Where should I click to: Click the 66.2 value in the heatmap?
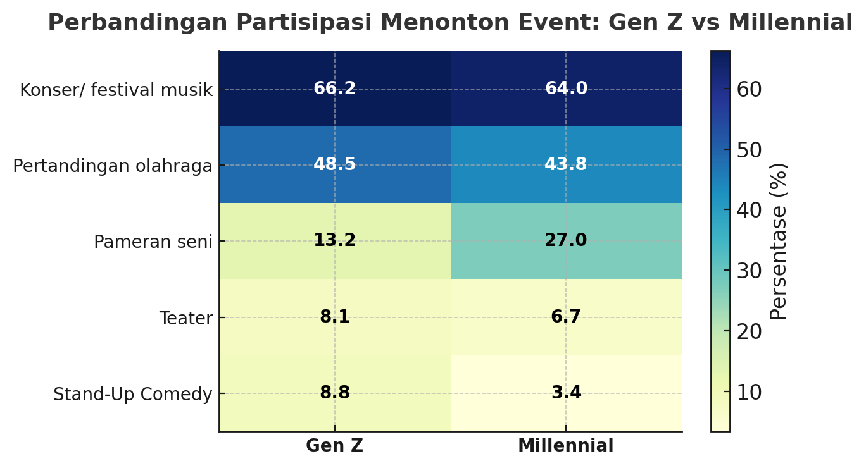click(334, 89)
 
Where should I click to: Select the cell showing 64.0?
click(566, 89)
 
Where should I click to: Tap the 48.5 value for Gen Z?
click(334, 165)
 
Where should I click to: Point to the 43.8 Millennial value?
click(566, 165)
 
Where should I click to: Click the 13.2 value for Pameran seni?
click(334, 241)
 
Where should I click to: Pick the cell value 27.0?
click(566, 241)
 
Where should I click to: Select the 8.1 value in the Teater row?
click(334, 317)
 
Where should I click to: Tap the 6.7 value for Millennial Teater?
click(566, 317)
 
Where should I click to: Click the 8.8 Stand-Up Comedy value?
click(334, 393)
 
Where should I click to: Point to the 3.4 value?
click(566, 393)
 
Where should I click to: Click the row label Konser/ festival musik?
click(116, 90)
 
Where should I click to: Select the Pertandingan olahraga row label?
click(113, 166)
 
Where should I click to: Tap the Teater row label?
click(185, 319)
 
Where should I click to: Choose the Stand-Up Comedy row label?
click(132, 395)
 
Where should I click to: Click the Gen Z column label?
click(334, 446)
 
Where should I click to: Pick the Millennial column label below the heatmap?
click(565, 446)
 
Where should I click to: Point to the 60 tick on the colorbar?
click(749, 90)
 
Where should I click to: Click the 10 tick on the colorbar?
click(749, 393)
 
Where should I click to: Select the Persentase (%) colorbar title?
click(779, 241)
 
